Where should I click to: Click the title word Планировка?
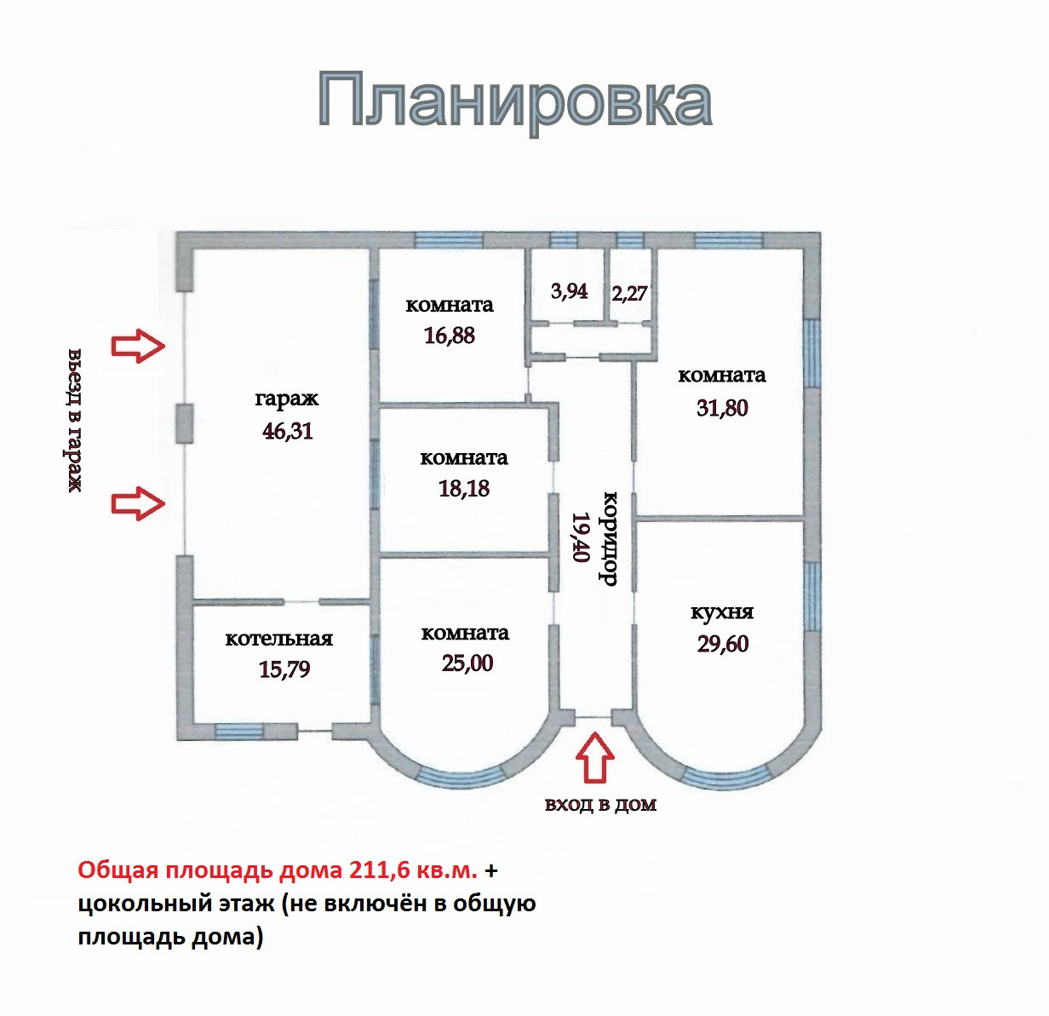click(x=515, y=101)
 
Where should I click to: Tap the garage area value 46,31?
click(x=288, y=431)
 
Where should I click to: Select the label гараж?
click(x=287, y=399)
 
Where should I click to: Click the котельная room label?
click(x=278, y=639)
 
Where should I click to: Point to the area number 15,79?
click(x=284, y=669)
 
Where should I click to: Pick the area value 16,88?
click(x=450, y=336)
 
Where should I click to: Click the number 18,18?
click(x=464, y=489)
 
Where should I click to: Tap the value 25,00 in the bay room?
click(x=467, y=663)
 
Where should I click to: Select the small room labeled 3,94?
click(x=569, y=291)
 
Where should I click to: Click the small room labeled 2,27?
click(x=629, y=294)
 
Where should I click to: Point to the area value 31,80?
click(x=722, y=408)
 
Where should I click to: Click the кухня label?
click(x=722, y=612)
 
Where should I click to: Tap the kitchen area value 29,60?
click(x=723, y=644)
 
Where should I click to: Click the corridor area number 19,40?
click(x=581, y=537)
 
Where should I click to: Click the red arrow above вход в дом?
click(x=595, y=756)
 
